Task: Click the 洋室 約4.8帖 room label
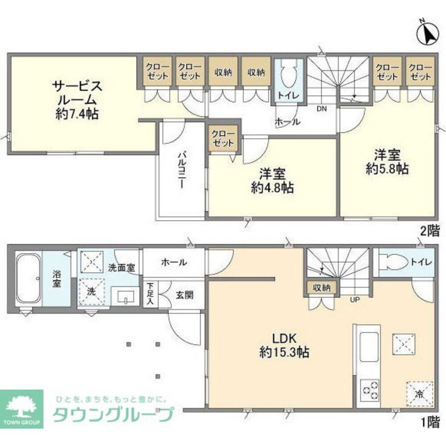tap(272, 180)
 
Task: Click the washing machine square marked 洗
tap(91, 293)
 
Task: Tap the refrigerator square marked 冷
tap(419, 393)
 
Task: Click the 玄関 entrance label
tap(183, 295)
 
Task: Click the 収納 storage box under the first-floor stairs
tap(321, 288)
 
